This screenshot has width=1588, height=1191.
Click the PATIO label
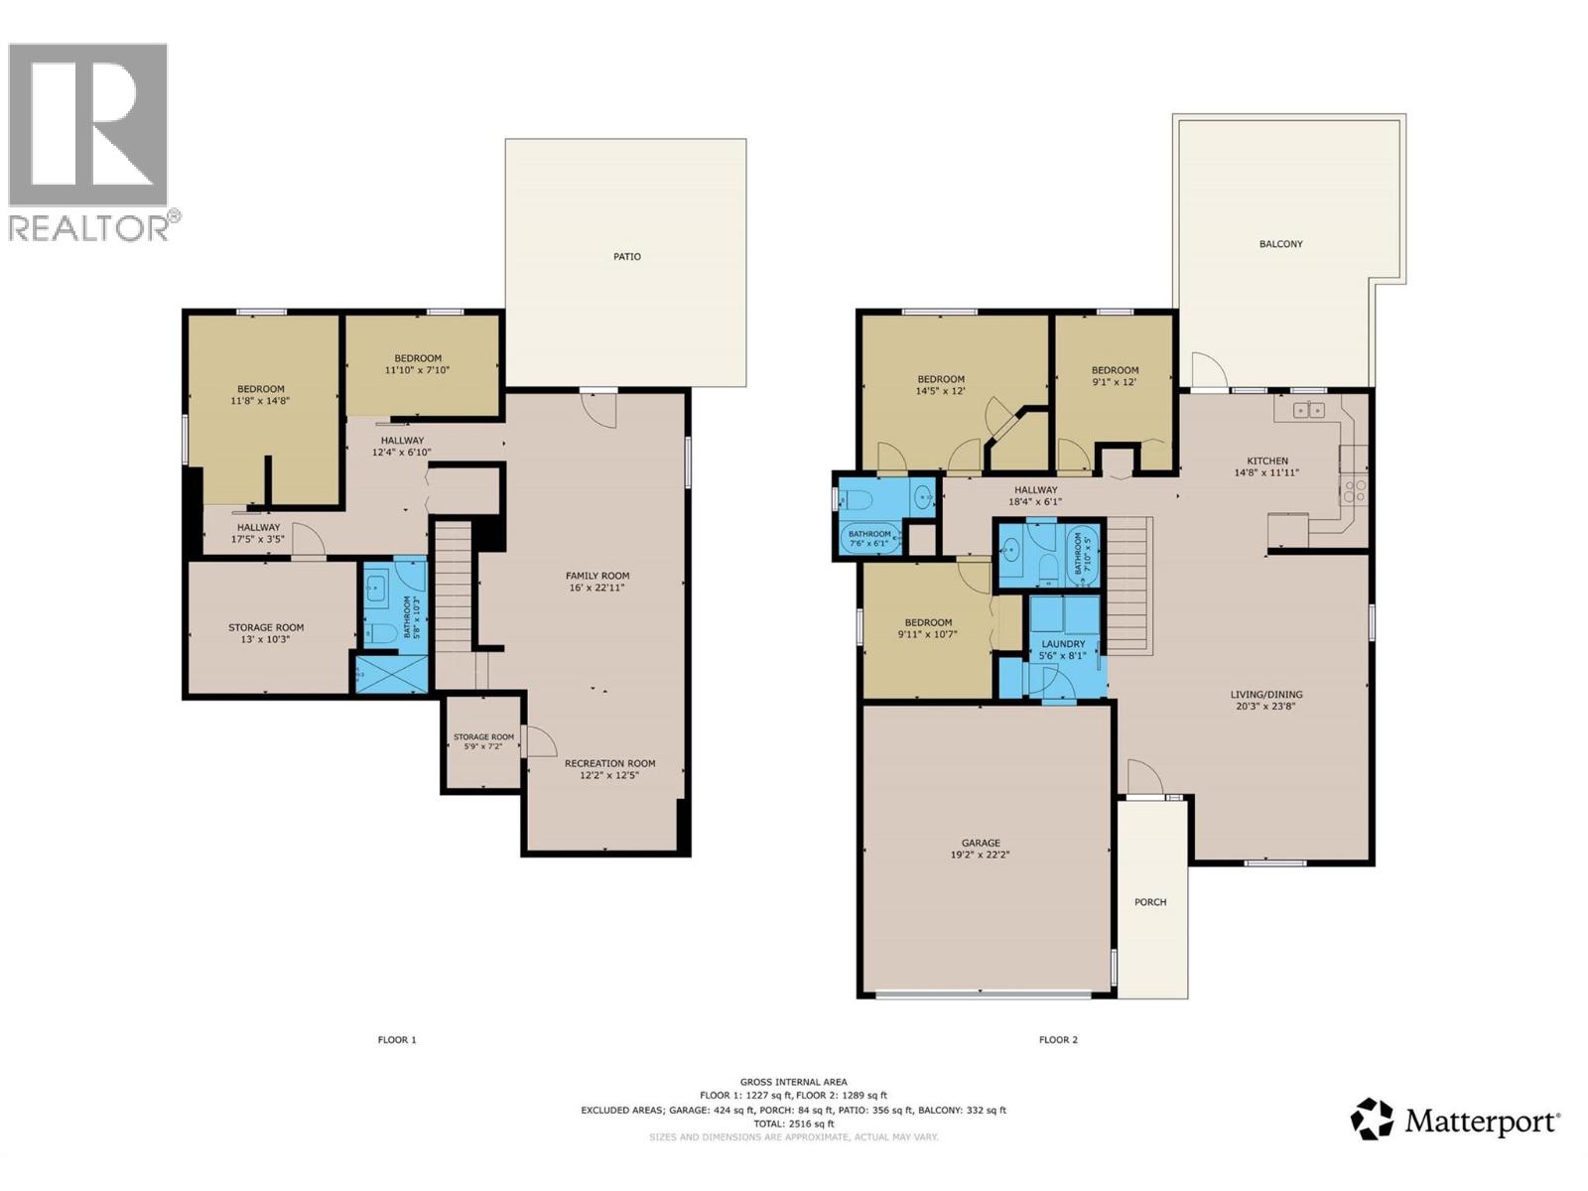(626, 256)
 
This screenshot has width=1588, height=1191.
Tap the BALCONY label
(1280, 243)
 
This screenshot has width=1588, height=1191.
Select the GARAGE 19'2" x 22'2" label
(980, 849)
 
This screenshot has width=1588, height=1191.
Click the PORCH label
(1150, 902)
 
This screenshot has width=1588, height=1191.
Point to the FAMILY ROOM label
(597, 582)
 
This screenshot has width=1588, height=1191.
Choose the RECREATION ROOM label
(609, 769)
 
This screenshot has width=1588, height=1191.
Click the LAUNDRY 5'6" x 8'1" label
(1063, 650)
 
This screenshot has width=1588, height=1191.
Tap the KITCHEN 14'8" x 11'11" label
(1267, 466)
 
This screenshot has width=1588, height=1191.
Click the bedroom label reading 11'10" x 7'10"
(418, 364)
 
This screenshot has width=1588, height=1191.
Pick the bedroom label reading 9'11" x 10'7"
(928, 628)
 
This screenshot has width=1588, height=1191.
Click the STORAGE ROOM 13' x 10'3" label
(266, 633)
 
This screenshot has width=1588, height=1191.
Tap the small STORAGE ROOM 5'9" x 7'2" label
(483, 740)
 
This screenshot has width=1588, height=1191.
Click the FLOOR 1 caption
(397, 1040)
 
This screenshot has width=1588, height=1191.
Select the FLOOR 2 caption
(1058, 1040)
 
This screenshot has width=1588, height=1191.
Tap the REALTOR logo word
(89, 227)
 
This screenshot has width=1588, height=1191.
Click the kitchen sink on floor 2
(1308, 409)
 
